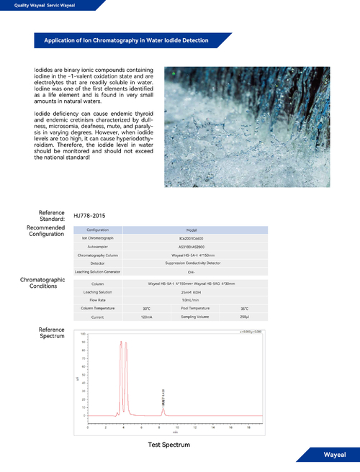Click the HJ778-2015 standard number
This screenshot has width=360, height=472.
[x=89, y=215]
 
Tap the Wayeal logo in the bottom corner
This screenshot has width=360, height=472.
[x=334, y=455]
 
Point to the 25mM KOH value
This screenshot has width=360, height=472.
[x=186, y=292]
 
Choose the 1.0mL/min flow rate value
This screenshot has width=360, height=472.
[x=186, y=300]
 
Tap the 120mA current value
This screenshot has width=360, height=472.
[x=147, y=317]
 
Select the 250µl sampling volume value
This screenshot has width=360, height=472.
[x=245, y=317]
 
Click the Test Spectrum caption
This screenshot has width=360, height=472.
[x=169, y=445]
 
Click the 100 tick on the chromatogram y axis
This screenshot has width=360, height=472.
[x=84, y=335]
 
